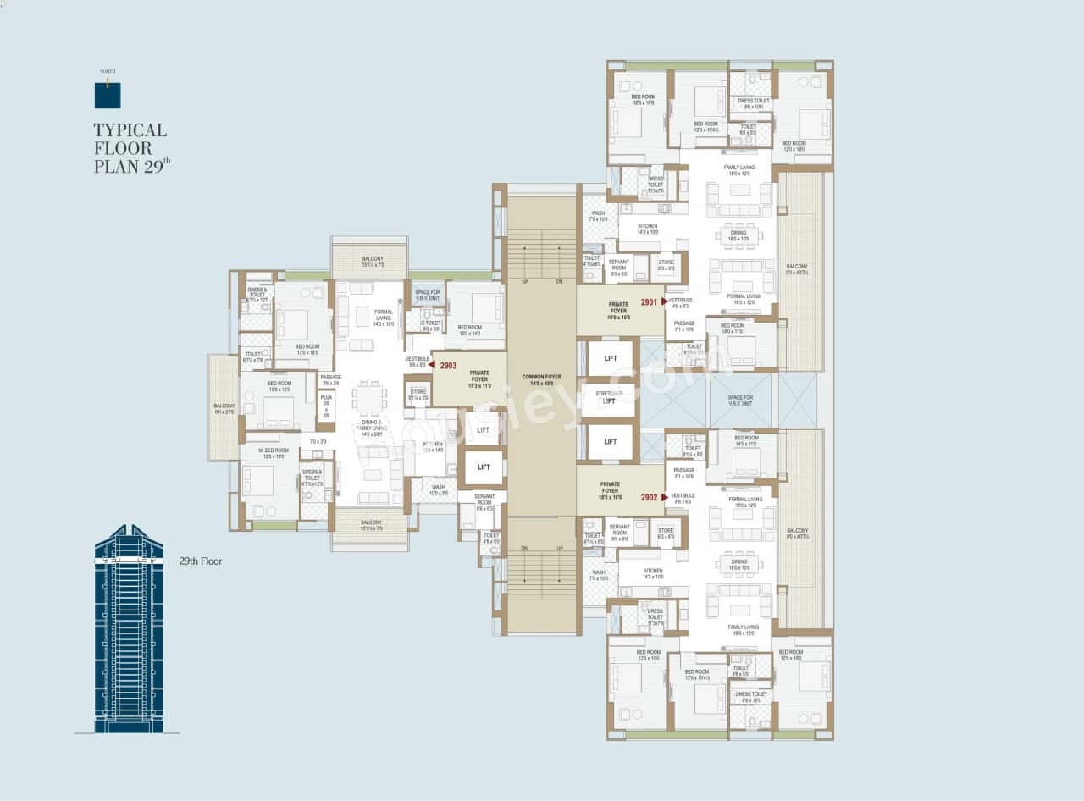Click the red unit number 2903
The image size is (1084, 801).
pyautogui.click(x=448, y=366)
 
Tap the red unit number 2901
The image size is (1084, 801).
pyautogui.click(x=649, y=301)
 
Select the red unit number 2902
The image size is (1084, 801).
pyautogui.click(x=649, y=498)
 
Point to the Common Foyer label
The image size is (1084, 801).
pyautogui.click(x=541, y=378)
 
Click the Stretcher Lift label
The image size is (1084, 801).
pyautogui.click(x=608, y=397)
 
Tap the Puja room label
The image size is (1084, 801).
pyautogui.click(x=326, y=406)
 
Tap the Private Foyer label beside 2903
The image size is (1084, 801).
pyautogui.click(x=479, y=376)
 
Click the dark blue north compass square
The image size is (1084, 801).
pyautogui.click(x=108, y=96)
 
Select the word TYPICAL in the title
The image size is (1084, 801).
pyautogui.click(x=130, y=130)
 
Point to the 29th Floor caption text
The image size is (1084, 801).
pyautogui.click(x=201, y=561)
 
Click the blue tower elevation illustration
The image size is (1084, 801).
pyautogui.click(x=128, y=631)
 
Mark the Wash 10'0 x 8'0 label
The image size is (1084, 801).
pyautogui.click(x=439, y=489)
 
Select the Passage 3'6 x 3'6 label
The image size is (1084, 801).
pyautogui.click(x=330, y=380)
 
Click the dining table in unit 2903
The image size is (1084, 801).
pyautogui.click(x=370, y=398)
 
